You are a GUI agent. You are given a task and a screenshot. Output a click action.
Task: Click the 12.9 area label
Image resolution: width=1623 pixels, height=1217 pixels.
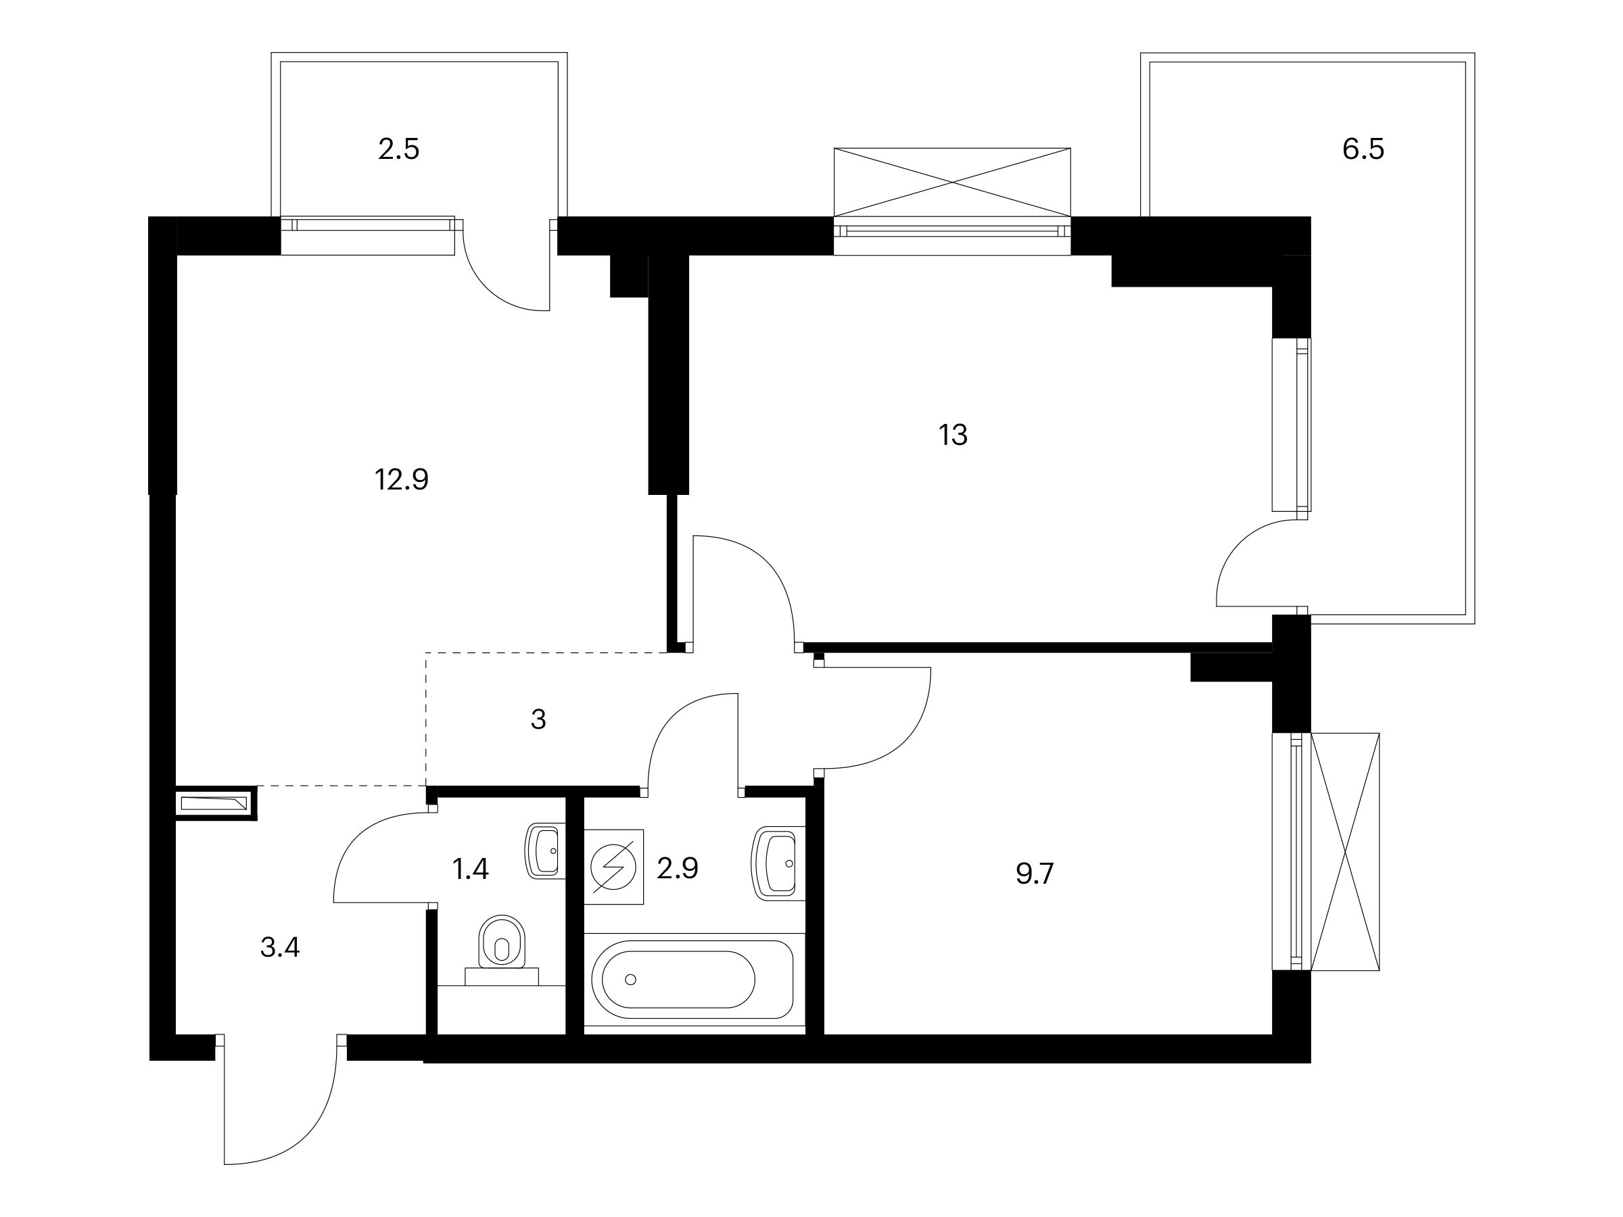[401, 480]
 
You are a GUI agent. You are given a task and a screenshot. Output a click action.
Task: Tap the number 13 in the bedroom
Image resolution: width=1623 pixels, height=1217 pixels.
[953, 435]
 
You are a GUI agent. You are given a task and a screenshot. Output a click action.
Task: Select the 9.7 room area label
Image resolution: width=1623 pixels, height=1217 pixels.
[1035, 874]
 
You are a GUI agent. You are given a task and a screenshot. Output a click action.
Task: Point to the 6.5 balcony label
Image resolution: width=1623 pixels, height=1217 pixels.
[1363, 149]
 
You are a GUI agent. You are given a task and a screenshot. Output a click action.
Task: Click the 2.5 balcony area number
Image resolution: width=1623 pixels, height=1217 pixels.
[398, 149]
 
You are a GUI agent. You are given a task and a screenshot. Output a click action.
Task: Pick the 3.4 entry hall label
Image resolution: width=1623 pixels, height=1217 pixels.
[279, 948]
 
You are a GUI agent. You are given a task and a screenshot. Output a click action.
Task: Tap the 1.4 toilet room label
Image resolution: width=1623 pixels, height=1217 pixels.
[470, 869]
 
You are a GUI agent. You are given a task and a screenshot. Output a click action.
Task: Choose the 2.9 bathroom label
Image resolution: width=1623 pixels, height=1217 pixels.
[677, 869]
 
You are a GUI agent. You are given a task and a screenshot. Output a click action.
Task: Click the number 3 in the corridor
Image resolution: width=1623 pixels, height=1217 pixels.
[538, 719]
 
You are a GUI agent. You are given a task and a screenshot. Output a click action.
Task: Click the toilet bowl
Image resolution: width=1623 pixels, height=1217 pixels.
[502, 947]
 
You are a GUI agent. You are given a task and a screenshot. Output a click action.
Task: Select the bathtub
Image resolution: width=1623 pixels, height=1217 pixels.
[692, 978]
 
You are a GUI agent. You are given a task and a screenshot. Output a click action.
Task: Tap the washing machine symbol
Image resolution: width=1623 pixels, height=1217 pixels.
[613, 867]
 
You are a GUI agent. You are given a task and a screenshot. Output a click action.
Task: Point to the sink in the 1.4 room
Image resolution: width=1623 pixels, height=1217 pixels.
[545, 851]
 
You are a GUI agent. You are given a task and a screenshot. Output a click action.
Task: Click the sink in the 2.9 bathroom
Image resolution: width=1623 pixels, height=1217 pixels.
[778, 863]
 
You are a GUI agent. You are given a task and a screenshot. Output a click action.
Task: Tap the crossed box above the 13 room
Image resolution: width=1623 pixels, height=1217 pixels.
[952, 182]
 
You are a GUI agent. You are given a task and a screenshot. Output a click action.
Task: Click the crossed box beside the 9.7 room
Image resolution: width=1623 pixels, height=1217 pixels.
[1345, 852]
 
